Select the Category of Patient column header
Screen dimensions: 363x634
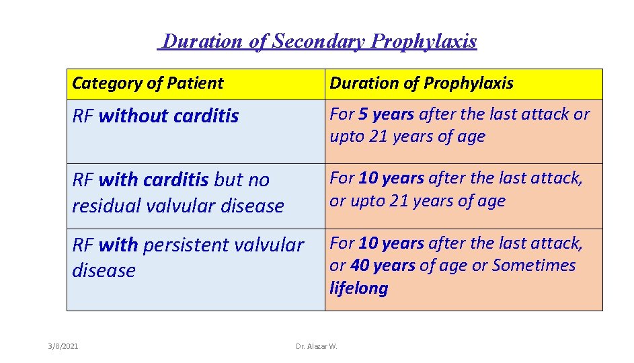tap(147, 83)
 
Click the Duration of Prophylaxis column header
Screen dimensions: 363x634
tap(421, 83)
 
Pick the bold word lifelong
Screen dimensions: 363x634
tap(358, 288)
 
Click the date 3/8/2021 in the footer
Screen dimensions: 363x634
tap(63, 346)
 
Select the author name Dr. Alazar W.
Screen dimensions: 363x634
tap(317, 346)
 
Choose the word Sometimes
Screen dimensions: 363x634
tap(534, 266)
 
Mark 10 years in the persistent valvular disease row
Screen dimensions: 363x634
tap(391, 243)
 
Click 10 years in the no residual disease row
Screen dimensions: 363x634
tap(391, 178)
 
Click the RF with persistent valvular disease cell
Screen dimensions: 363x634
tap(195, 269)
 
